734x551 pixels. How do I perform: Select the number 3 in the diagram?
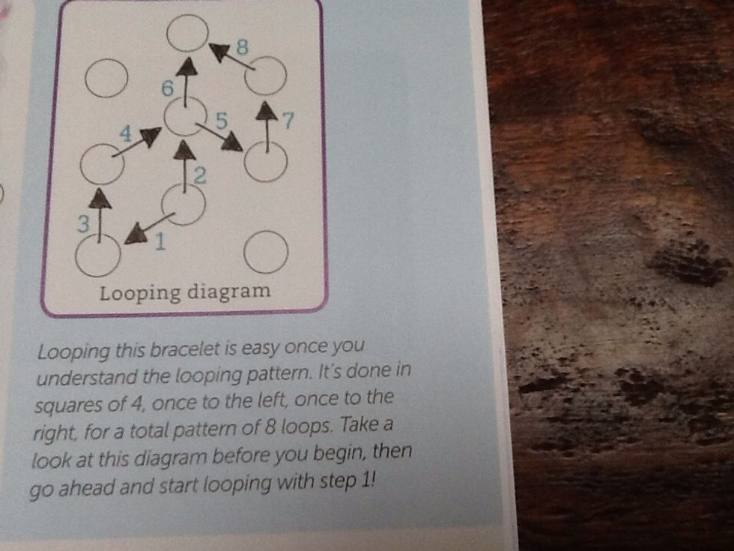[x=85, y=223]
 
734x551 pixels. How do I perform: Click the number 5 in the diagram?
[x=220, y=119]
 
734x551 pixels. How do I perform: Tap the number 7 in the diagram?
[x=287, y=120]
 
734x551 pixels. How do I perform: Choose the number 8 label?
[x=242, y=46]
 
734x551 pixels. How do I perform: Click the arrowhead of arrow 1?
[x=136, y=235]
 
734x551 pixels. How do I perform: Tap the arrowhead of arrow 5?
[x=233, y=141]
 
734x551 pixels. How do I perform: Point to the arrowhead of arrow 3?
[x=101, y=198]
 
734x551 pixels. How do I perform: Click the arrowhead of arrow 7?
[x=265, y=112]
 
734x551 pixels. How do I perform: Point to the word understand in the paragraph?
[x=101, y=379]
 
